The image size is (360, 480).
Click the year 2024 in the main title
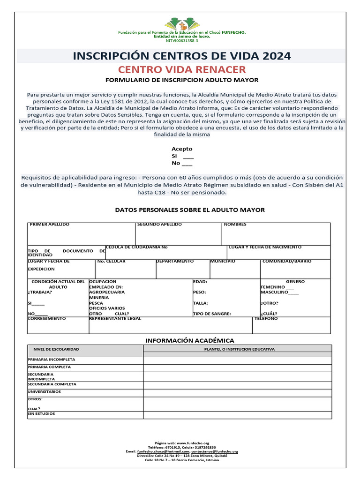(x=277, y=56)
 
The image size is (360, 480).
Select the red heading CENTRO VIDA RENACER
(x=182, y=70)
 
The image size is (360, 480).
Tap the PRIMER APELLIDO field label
(x=49, y=225)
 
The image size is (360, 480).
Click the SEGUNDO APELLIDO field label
(x=159, y=225)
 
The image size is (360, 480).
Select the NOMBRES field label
(x=235, y=225)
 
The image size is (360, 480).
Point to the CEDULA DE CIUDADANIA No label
(x=136, y=247)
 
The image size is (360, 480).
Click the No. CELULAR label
(x=111, y=261)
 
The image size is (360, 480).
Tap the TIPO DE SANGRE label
(x=212, y=314)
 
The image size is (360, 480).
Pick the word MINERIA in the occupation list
(x=99, y=298)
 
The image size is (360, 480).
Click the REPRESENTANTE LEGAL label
(x=115, y=319)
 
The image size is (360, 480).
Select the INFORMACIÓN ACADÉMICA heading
(x=189, y=340)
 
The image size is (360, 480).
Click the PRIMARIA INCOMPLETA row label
(x=52, y=360)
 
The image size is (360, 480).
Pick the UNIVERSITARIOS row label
(x=44, y=391)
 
